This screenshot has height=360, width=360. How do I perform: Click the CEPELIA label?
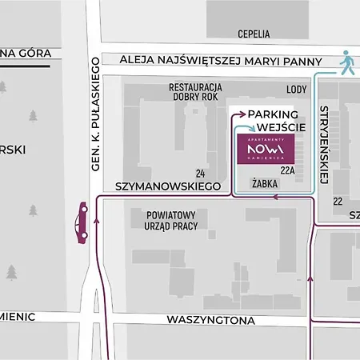[254, 34]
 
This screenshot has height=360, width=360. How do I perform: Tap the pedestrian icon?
[346, 62]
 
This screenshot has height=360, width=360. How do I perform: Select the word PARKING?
[272, 115]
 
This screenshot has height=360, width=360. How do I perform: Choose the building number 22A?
[287, 170]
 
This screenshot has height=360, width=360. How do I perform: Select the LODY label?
[296, 90]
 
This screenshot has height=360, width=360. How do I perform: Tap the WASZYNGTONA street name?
[210, 320]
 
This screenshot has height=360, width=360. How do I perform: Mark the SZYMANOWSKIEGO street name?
[167, 186]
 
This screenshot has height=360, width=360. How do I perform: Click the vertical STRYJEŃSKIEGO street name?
[324, 141]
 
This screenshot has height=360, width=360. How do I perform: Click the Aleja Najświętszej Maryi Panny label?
[220, 60]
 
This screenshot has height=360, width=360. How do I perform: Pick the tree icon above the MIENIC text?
[11, 273]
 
